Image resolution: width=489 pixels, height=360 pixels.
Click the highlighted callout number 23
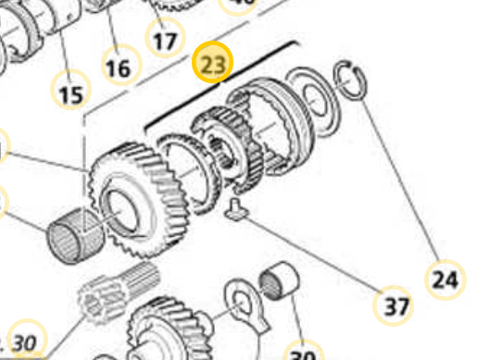213,66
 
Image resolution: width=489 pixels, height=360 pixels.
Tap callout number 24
445,278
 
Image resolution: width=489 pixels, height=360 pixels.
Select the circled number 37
395,305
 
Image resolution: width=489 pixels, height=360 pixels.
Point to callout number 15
70,93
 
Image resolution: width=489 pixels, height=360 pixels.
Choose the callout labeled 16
118,67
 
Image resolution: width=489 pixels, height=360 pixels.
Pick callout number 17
164,41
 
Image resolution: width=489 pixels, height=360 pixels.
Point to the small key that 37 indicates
237,208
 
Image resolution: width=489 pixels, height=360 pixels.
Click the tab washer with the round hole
243,306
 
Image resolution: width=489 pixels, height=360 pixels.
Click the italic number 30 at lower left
26,342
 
